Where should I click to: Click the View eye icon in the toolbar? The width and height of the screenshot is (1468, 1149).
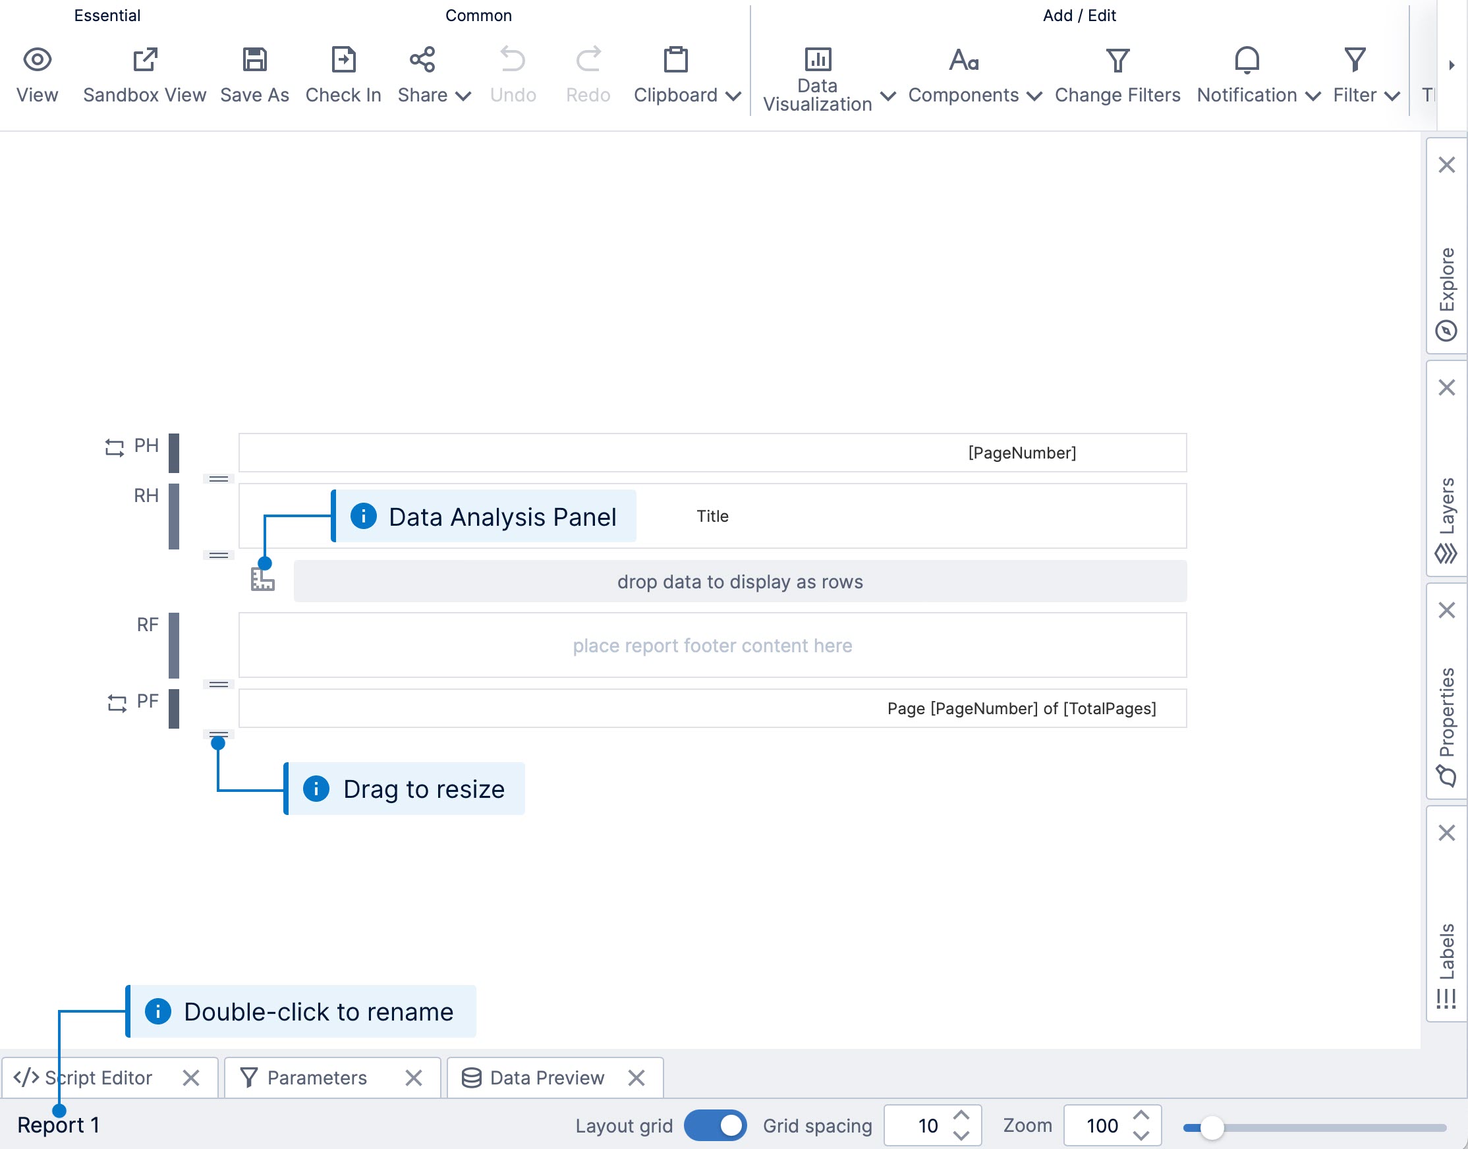37,60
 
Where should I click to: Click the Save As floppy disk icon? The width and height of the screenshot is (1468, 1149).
254,60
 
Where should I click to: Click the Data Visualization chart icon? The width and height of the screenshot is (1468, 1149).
818,60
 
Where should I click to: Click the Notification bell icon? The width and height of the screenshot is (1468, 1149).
1247,60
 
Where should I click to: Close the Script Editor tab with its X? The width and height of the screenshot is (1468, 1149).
191,1079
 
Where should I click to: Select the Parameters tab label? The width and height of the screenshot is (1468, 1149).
317,1079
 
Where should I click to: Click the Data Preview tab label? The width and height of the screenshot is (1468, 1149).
547,1079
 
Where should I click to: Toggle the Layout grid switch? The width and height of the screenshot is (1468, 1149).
715,1125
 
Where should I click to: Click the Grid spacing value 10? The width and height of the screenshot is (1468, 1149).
928,1125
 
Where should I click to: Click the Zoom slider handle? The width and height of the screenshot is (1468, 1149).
1212,1127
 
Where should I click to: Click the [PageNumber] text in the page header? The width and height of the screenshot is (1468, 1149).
1022,453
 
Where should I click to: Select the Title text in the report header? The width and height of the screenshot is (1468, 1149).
712,516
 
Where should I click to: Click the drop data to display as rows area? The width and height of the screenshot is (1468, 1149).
740,581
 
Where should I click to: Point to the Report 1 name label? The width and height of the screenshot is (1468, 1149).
59,1125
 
